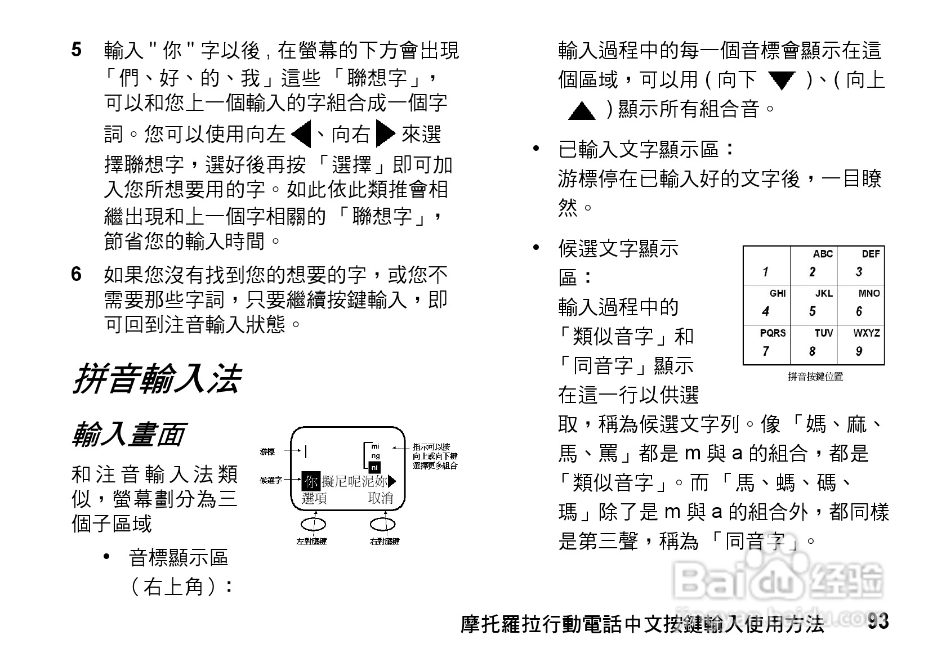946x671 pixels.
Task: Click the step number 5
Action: [77, 50]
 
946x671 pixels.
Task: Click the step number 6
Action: [77, 274]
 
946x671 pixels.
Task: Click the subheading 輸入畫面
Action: [129, 434]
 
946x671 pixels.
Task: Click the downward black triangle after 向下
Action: [782, 80]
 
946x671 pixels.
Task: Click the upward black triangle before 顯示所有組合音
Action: [582, 110]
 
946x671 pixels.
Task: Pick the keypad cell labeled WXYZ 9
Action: [862, 345]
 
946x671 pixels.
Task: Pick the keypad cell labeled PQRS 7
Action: [767, 345]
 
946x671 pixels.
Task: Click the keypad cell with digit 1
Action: [767, 265]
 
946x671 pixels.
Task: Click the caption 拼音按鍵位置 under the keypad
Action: [815, 377]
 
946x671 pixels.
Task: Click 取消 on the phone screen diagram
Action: [381, 498]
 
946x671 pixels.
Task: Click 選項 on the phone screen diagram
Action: [314, 498]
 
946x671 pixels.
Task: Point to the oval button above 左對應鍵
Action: [313, 525]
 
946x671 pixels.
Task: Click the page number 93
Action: [878, 621]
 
